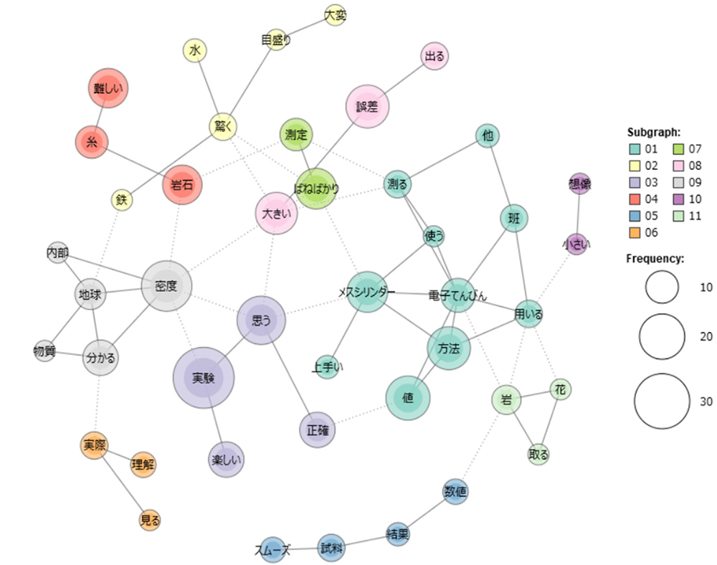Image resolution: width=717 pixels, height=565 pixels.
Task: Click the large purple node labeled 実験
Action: pyautogui.click(x=204, y=377)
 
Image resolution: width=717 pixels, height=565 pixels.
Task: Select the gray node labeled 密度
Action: pyautogui.click(x=167, y=285)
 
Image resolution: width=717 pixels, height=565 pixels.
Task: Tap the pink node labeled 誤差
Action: pyautogui.click(x=367, y=107)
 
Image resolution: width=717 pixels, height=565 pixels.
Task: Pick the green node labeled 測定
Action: pyautogui.click(x=296, y=135)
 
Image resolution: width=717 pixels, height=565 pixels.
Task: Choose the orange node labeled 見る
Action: pyautogui.click(x=150, y=520)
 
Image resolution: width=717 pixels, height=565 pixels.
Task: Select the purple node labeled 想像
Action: pyautogui.click(x=579, y=184)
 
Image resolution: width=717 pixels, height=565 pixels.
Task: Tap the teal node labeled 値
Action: pyautogui.click(x=408, y=399)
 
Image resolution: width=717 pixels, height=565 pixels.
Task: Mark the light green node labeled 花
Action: pyautogui.click(x=561, y=389)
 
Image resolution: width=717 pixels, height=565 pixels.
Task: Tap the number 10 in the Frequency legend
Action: pyautogui.click(x=706, y=288)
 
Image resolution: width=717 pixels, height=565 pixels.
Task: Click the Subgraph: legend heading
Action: pyautogui.click(x=654, y=132)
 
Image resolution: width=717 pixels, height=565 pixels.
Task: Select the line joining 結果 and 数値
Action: pyautogui.click(x=427, y=513)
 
